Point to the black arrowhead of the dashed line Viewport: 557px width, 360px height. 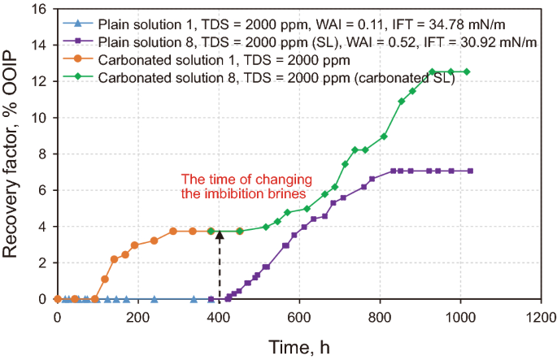click(x=219, y=234)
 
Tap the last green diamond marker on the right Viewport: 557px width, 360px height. click(x=467, y=72)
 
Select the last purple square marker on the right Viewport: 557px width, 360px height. click(x=470, y=171)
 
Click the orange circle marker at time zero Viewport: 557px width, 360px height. click(x=57, y=299)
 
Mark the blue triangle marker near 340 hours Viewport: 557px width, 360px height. click(x=194, y=299)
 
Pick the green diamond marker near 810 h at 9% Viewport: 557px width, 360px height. click(x=384, y=136)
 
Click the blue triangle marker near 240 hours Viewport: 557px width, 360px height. click(x=154, y=299)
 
